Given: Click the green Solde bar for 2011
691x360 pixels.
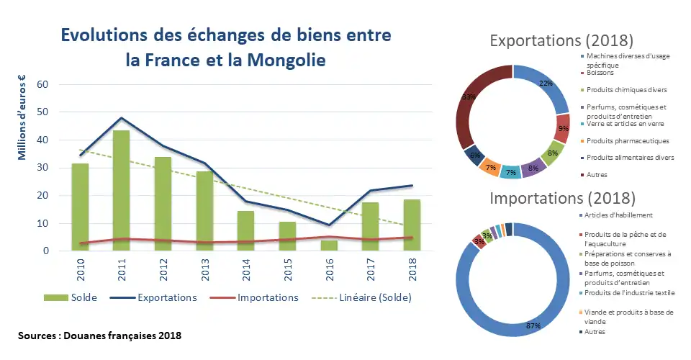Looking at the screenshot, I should point(120,191).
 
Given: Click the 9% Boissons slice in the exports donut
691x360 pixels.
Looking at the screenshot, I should point(562,128).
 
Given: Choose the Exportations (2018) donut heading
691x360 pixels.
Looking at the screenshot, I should point(561,39).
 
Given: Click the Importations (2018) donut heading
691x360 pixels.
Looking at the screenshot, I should point(563,197).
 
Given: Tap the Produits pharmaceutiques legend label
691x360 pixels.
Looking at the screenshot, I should point(628,141).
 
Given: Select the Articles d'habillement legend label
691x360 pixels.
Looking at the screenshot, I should point(620,215).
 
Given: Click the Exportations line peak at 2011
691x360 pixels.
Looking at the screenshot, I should point(120,117).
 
